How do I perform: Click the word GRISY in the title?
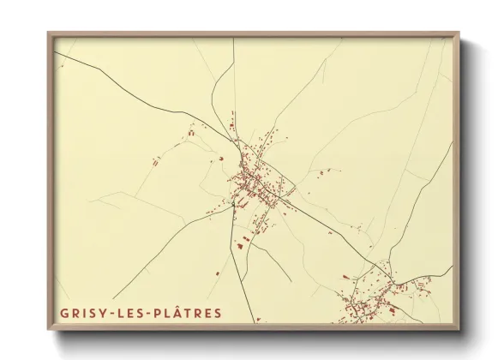click(83, 313)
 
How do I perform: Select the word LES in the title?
click(128, 313)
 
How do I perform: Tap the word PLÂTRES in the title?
click(183, 313)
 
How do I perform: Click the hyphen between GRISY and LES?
click(111, 314)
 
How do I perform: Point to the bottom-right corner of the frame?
click(459, 328)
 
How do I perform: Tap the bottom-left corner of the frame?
click(49, 328)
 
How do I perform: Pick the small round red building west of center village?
click(221, 158)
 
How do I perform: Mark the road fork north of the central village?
click(230, 129)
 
